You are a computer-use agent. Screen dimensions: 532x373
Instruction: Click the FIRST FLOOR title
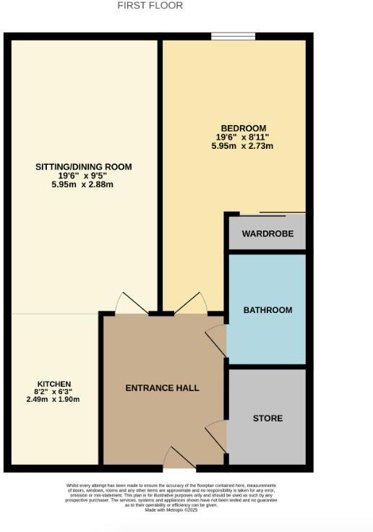tap(150, 6)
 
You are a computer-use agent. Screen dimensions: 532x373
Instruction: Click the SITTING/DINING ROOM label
tap(84, 167)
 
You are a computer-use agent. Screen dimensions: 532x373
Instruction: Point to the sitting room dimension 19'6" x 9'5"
tap(84, 176)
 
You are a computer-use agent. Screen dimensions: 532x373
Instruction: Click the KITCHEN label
tap(55, 383)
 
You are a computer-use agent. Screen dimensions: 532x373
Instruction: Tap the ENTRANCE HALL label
tap(162, 388)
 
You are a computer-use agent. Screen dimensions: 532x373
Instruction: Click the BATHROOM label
tap(267, 310)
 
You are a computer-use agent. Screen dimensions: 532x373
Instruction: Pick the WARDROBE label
tap(267, 234)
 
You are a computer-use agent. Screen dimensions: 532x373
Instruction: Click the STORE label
tap(267, 419)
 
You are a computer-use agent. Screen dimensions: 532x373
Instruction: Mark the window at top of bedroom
tap(233, 36)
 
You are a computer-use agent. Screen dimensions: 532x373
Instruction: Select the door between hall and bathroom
tap(218, 340)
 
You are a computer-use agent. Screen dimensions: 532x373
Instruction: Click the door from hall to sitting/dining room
tap(132, 304)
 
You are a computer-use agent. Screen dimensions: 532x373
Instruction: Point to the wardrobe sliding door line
tap(282, 213)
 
